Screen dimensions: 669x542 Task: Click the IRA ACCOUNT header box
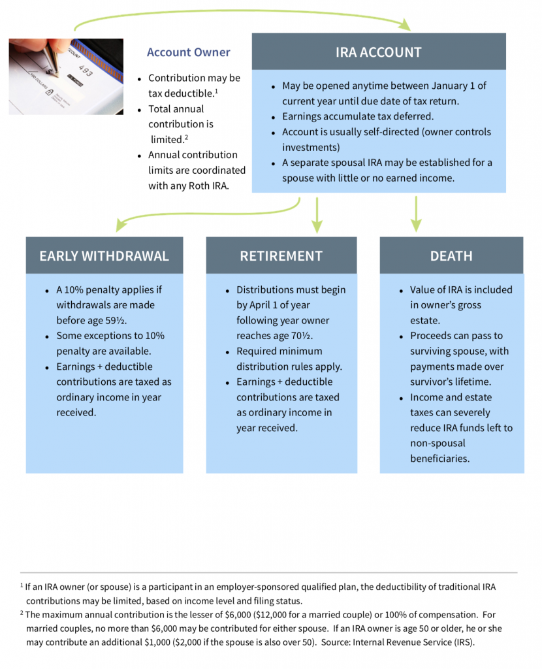pos(379,52)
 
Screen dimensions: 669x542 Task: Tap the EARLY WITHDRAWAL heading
pos(104,255)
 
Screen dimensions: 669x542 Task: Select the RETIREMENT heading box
pos(281,255)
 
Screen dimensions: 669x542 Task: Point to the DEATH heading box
pos(451,255)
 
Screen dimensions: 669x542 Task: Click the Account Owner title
pos(188,52)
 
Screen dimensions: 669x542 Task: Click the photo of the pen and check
pos(65,76)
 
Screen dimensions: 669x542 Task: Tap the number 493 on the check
pos(86,71)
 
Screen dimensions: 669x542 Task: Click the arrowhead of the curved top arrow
pos(405,25)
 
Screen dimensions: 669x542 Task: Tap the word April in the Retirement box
pos(263,305)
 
